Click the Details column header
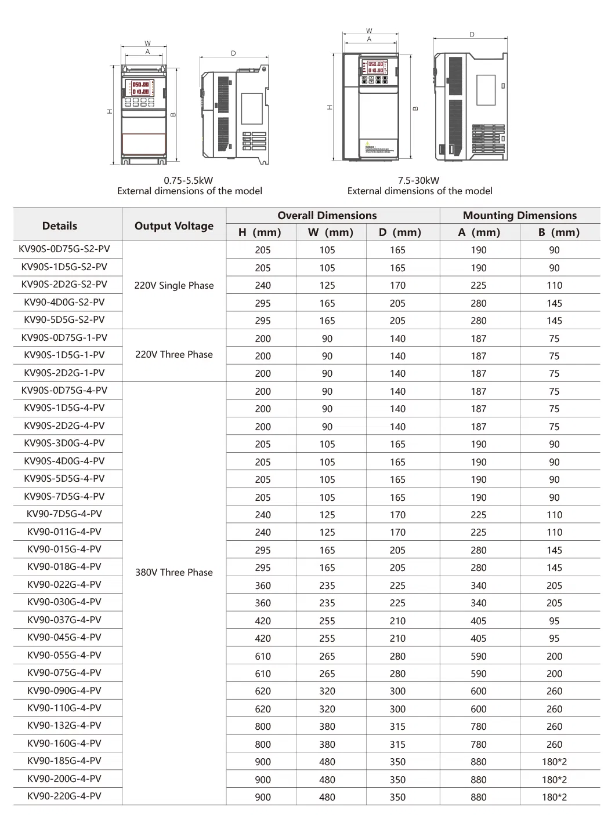[x=60, y=225]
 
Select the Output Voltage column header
[x=174, y=225]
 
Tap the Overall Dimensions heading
[x=327, y=215]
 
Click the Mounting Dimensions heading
[x=519, y=215]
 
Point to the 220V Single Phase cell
[x=174, y=285]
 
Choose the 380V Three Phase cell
[x=174, y=572]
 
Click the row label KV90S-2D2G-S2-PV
[x=64, y=284]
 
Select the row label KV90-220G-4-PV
[x=64, y=796]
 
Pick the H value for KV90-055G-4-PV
[x=263, y=656]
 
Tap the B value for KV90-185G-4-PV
[x=554, y=762]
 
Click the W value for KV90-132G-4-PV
[x=327, y=726]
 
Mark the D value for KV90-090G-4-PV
[x=397, y=691]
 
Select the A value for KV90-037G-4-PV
[x=479, y=621]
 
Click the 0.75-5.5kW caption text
[x=189, y=180]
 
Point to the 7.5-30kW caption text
[x=419, y=180]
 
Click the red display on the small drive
[x=140, y=88]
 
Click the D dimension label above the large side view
[x=472, y=35]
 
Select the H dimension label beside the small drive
[x=109, y=112]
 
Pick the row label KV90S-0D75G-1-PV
[x=64, y=337]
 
